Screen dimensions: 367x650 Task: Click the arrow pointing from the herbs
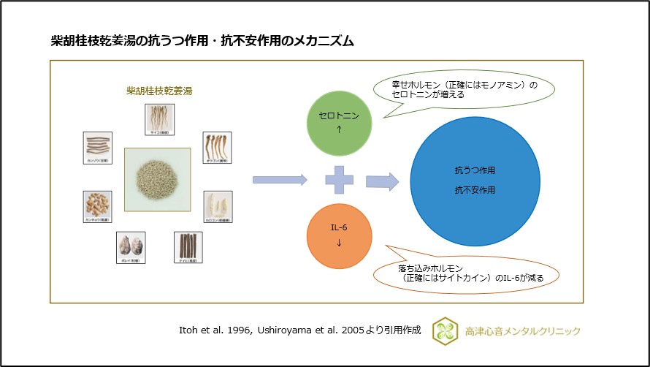(279, 179)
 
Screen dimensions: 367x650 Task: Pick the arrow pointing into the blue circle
(382, 180)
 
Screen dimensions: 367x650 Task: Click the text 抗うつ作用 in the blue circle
(475, 170)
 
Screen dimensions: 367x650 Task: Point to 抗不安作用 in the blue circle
(475, 190)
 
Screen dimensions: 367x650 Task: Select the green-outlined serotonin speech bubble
(464, 90)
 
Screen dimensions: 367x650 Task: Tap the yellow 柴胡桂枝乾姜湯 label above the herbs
(154, 91)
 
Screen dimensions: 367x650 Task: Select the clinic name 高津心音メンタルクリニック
(523, 331)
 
